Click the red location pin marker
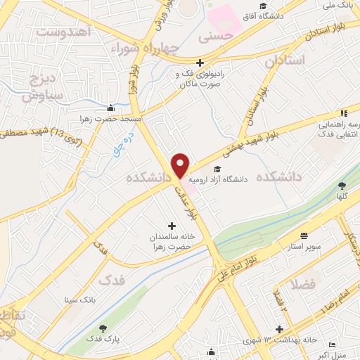(181, 165)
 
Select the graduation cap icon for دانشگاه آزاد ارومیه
(217, 169)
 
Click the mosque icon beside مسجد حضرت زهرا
(110, 109)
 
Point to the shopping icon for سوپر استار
(304, 236)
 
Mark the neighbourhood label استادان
(286, 61)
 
